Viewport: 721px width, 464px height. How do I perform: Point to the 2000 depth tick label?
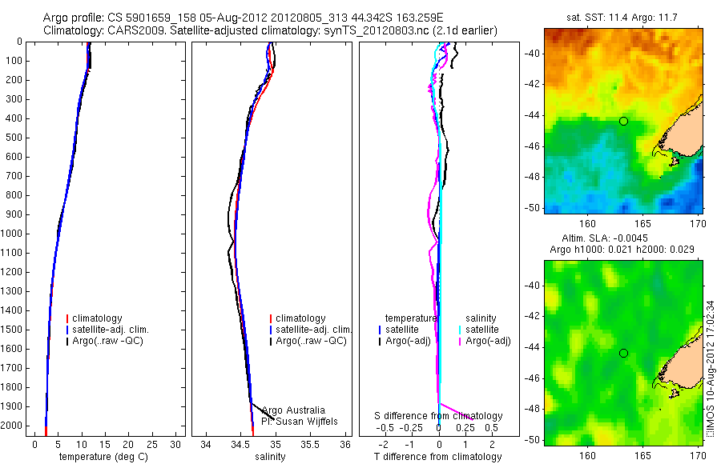tap(12, 426)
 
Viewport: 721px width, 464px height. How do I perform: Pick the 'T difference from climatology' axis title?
tap(438, 457)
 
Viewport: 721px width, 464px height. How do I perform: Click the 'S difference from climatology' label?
tap(439, 416)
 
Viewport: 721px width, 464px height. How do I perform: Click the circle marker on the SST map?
tap(623, 121)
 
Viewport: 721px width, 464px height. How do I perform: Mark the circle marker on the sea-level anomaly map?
tap(623, 353)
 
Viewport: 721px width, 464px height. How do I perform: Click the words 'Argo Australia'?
tap(293, 410)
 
